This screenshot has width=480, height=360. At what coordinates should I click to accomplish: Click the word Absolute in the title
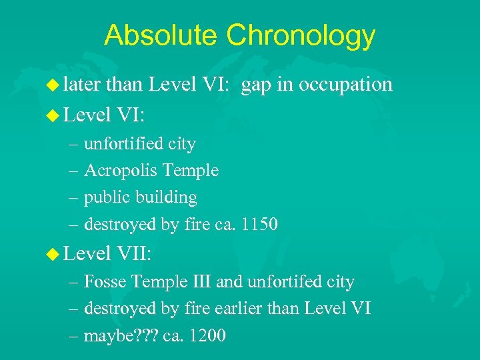click(158, 35)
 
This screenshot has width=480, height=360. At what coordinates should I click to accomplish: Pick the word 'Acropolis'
click(121, 171)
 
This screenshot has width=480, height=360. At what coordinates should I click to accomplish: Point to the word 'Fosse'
click(105, 282)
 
